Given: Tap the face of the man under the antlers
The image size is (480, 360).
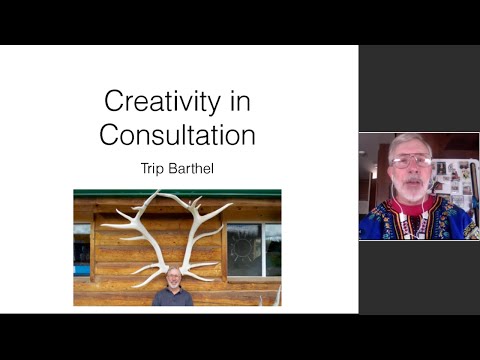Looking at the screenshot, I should [x=173, y=277].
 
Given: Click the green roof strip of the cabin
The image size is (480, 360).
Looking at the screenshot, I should [x=177, y=194].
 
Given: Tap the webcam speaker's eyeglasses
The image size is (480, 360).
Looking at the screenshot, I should [x=410, y=161].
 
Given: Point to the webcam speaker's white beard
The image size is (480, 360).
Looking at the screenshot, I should [x=413, y=189].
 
